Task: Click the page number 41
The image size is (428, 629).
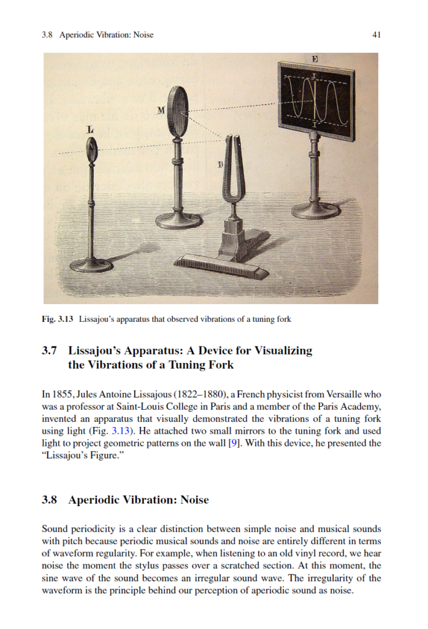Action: [x=376, y=35]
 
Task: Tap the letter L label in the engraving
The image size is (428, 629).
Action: [x=91, y=130]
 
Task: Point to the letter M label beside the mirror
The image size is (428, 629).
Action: [x=161, y=111]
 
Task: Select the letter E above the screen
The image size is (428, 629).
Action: [x=315, y=59]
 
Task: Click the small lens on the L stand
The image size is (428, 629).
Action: [x=92, y=149]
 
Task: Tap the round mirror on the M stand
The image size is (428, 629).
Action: [x=179, y=112]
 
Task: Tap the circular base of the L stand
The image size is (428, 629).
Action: [x=91, y=265]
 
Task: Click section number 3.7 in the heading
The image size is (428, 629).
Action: [x=50, y=351]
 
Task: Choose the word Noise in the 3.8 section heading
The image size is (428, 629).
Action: [x=194, y=500]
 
